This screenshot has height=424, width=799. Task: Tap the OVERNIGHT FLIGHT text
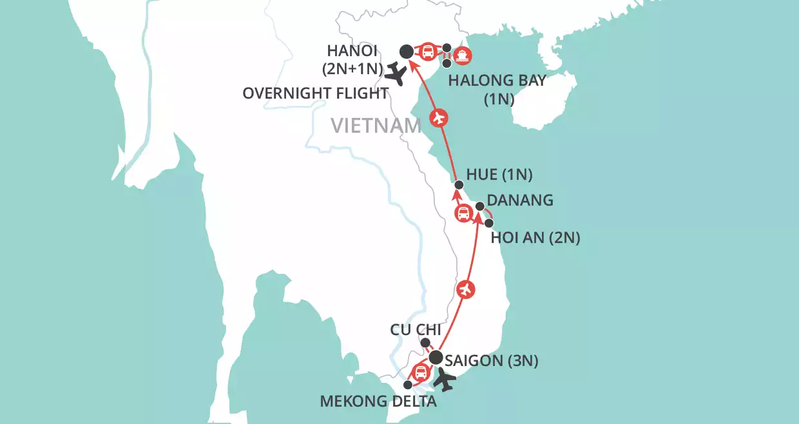point(315,93)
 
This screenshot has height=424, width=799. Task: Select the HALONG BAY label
point(497,81)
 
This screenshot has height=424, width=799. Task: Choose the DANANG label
point(520,200)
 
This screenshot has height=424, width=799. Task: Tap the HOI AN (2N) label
point(535,238)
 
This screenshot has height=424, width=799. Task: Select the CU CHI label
point(416,330)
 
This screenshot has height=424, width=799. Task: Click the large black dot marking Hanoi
point(407,51)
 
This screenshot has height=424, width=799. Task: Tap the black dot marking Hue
point(459,185)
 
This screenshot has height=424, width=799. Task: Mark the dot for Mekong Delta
point(407,385)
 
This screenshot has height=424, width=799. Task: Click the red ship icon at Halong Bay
point(462,55)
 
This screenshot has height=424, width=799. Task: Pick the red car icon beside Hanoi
point(427,52)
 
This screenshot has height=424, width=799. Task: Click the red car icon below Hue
point(463,213)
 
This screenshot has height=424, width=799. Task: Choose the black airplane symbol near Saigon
point(443,381)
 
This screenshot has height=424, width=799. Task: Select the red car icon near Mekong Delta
point(420,372)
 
